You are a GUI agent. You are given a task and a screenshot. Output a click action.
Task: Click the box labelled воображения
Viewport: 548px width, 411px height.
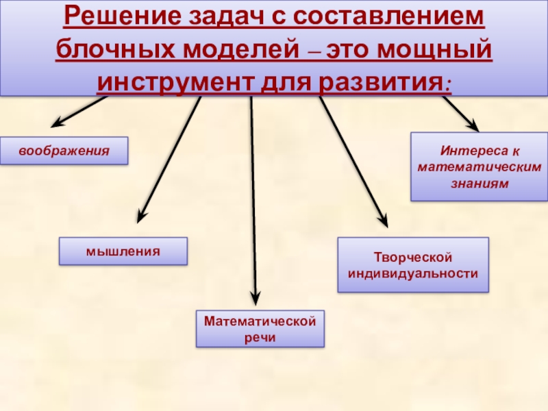(x=64, y=151)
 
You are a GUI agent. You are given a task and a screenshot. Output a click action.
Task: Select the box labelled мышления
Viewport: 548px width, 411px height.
(x=123, y=251)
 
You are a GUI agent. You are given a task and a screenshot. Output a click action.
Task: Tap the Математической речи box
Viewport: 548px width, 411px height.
(x=260, y=329)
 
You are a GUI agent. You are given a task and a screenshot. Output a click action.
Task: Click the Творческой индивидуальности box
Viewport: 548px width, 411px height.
(x=412, y=265)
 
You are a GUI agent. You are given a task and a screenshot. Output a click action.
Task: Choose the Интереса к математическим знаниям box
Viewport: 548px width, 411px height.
(x=480, y=167)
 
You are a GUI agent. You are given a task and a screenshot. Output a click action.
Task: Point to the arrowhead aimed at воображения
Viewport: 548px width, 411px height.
(x=57, y=124)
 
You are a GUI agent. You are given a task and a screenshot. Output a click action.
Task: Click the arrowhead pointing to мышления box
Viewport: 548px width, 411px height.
(x=140, y=216)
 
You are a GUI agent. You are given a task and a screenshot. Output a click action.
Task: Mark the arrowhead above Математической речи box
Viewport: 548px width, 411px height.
(x=255, y=298)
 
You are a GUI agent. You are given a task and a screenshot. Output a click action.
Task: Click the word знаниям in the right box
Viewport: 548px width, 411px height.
(x=480, y=184)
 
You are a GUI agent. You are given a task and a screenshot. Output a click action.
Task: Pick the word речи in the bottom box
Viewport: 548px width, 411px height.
(x=260, y=337)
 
